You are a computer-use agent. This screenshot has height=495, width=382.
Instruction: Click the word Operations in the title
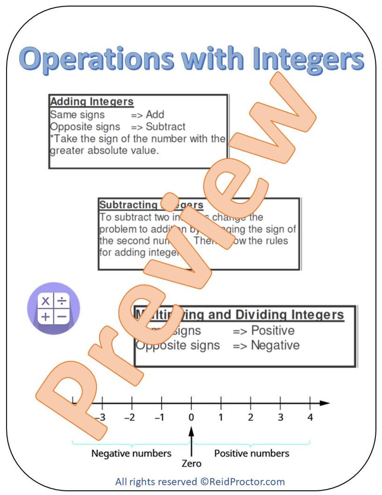(x=97, y=59)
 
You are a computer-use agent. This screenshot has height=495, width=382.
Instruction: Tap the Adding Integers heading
(x=92, y=101)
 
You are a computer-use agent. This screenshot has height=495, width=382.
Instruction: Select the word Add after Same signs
(x=155, y=114)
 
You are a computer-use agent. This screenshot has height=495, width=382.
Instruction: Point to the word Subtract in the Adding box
(x=166, y=126)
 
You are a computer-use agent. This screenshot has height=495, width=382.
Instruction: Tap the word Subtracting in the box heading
(x=128, y=205)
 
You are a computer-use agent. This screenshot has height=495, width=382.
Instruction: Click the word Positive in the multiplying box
(x=273, y=330)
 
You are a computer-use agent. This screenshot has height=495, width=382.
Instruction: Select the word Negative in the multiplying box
(x=275, y=345)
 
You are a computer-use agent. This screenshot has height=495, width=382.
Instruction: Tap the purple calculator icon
(x=54, y=308)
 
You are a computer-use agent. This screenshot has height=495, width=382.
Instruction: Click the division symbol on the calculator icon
(x=62, y=301)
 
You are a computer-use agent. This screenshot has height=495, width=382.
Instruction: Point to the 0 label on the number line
(x=191, y=417)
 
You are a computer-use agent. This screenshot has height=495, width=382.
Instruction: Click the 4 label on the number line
(x=310, y=417)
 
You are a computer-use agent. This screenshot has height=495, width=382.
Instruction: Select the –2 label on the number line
(x=130, y=417)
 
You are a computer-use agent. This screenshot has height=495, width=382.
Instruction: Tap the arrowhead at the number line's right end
(x=325, y=403)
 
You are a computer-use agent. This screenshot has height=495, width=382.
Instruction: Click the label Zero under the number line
(x=191, y=463)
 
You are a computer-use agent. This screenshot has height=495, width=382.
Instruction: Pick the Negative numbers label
(x=131, y=453)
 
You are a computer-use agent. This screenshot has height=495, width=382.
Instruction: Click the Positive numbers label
(x=251, y=453)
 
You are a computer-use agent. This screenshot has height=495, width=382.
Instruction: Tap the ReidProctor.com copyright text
(x=200, y=482)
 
